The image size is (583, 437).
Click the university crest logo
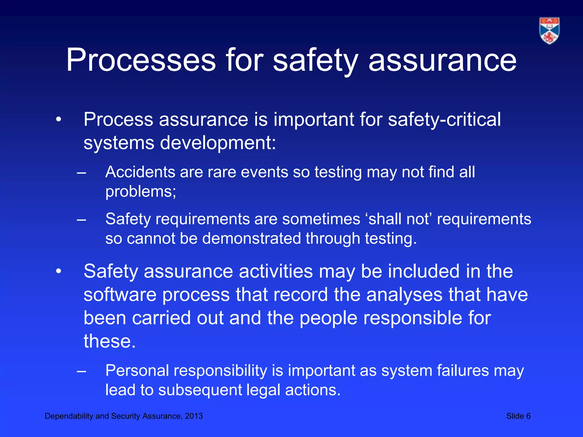[549, 31]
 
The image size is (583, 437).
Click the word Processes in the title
[141, 60]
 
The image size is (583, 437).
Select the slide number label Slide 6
[518, 416]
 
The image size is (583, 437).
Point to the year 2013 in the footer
[194, 416]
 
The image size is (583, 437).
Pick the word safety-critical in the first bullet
[444, 119]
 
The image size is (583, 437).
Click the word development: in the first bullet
[218, 143]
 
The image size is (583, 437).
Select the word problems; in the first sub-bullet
[141, 191]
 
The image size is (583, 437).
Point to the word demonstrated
[251, 238]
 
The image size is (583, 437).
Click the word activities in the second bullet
[276, 271]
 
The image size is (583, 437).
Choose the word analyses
[404, 294]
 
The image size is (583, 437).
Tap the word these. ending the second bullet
[110, 341]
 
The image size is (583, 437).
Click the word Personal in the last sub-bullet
[137, 371]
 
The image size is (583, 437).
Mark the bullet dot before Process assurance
[58, 120]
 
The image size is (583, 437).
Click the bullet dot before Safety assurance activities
[58, 271]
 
